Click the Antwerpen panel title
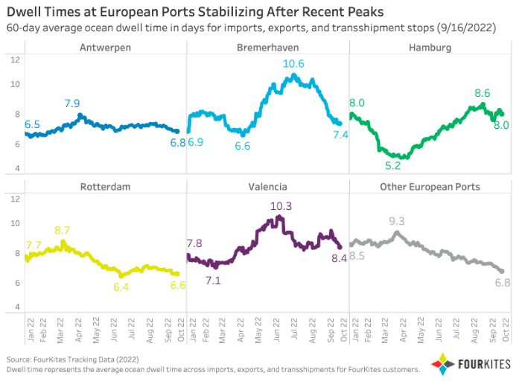coord(105,48)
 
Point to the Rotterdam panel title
coord(105,186)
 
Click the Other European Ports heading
coord(430,186)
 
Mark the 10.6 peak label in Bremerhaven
coord(293,64)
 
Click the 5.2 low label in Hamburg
coord(393,165)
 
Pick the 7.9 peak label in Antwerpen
coord(73,103)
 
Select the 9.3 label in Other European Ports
coord(396,221)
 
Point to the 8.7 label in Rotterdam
coord(63,231)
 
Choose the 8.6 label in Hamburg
coord(482,94)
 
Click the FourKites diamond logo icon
coord(439,365)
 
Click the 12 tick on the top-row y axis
coord(14,60)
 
